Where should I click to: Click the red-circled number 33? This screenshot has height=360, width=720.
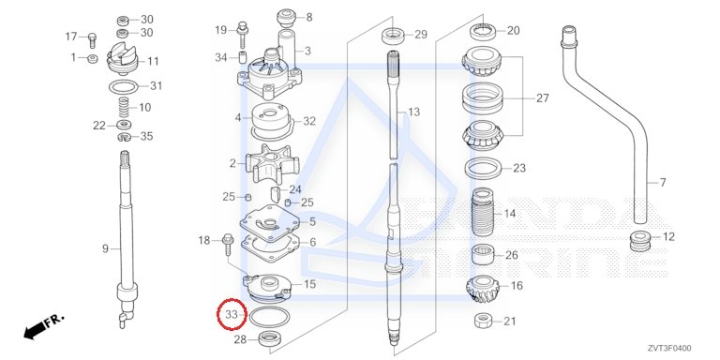pyautogui.click(x=232, y=315)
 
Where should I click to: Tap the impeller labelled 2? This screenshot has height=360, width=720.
pyautogui.click(x=272, y=163)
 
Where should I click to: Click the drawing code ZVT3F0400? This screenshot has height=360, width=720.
pyautogui.click(x=669, y=349)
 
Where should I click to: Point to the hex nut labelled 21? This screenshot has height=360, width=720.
pyautogui.click(x=484, y=321)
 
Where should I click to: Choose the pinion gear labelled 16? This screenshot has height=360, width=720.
pyautogui.click(x=483, y=290)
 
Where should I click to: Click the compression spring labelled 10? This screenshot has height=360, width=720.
pyautogui.click(x=123, y=108)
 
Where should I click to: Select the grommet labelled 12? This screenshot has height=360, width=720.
pyautogui.click(x=639, y=241)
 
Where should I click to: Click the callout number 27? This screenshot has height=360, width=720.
pyautogui.click(x=542, y=98)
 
